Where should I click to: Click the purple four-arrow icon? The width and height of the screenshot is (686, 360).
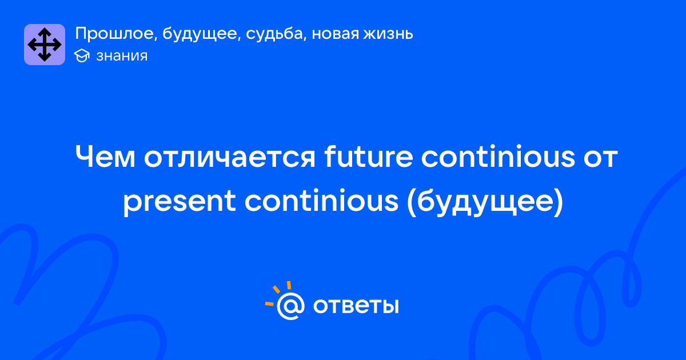(45, 45)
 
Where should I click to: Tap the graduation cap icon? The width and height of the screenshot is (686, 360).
(82, 56)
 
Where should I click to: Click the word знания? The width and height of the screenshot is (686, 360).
(122, 56)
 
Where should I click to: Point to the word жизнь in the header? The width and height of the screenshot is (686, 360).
(388, 33)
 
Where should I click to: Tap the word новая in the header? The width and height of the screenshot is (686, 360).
(335, 34)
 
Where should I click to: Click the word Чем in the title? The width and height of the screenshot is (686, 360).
(105, 157)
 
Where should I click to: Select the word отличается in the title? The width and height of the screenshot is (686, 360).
(230, 157)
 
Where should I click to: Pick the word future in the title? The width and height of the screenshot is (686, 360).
(369, 156)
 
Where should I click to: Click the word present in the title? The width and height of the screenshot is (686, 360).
(180, 201)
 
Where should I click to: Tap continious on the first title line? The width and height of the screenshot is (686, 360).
(498, 156)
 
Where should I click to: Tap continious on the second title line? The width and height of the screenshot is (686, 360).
(321, 201)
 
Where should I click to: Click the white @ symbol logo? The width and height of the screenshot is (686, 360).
(290, 306)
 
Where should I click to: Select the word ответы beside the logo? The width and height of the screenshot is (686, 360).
(356, 306)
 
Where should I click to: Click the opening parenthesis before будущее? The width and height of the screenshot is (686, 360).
(412, 202)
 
